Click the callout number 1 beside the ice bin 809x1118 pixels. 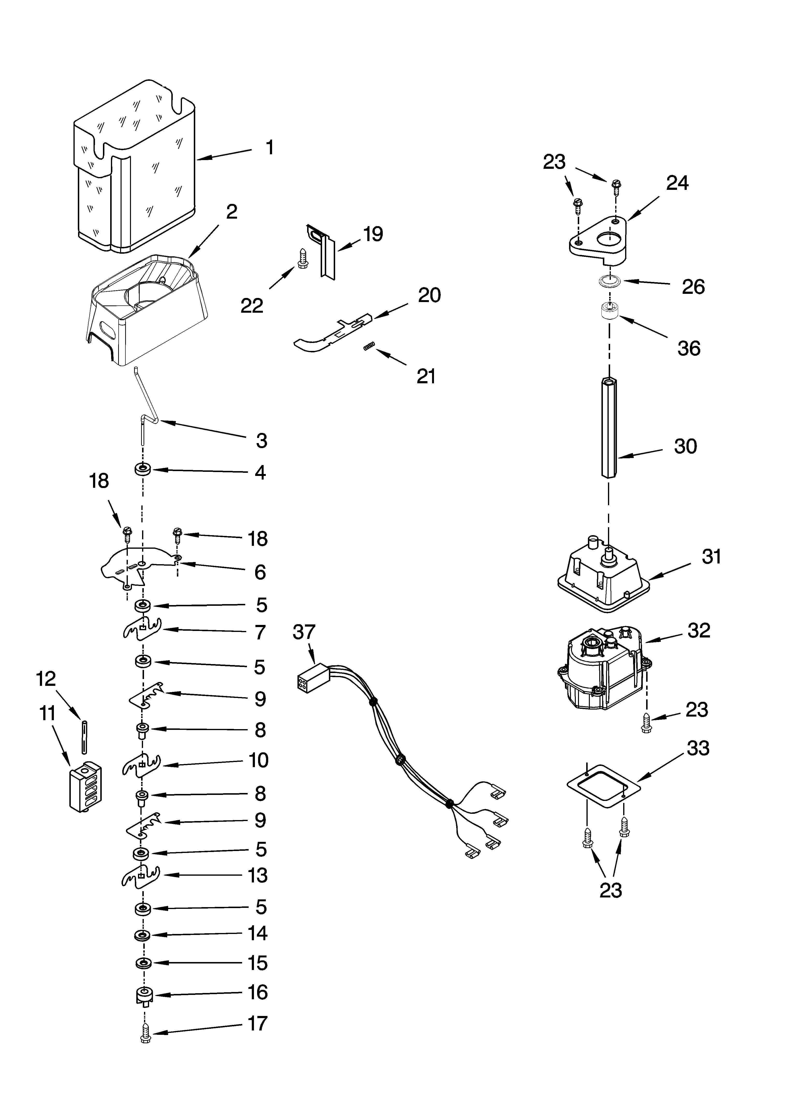[x=269, y=147]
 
